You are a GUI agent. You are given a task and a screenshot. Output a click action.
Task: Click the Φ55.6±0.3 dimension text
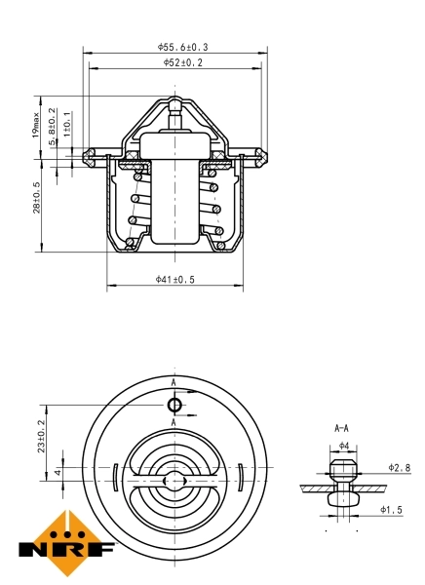coord(182,46)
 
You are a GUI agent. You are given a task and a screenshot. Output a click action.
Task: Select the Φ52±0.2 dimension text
coord(182,62)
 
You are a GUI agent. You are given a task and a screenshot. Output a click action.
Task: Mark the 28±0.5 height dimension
coord(37,198)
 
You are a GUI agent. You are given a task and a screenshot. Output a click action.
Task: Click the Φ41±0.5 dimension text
coord(175,280)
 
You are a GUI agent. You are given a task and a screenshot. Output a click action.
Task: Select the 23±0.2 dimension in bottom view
coord(41,436)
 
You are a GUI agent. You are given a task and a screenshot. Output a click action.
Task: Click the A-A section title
coord(342,428)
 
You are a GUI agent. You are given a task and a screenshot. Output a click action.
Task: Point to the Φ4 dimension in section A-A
coord(343,446)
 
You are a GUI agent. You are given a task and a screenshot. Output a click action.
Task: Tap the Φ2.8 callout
coord(399,468)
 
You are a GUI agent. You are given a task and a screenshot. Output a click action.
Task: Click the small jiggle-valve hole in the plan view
coord(174,405)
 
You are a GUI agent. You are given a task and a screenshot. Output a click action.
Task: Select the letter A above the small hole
coord(174,383)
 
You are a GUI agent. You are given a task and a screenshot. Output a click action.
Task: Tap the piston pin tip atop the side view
coord(174,102)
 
